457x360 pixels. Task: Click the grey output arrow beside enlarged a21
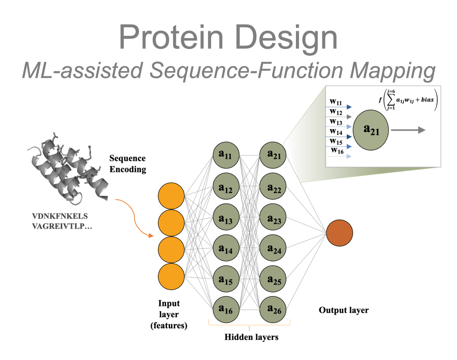[x=408, y=130]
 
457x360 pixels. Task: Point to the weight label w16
[x=337, y=151]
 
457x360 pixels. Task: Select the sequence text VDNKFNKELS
[x=57, y=217]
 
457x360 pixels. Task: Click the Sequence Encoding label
[x=128, y=164]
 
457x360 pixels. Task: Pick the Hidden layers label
[x=251, y=337]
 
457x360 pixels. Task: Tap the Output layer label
[x=344, y=310]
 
